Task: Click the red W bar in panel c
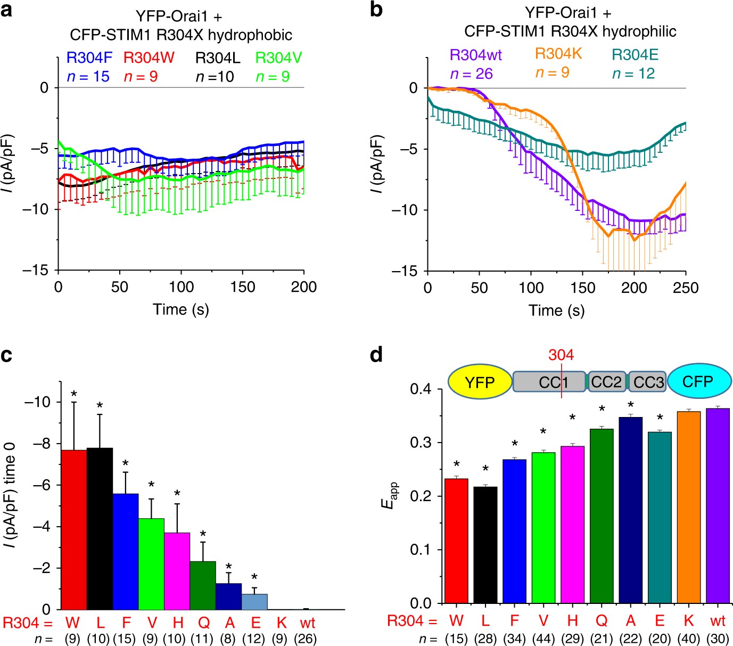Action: coord(74,529)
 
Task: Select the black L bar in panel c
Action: coord(100,528)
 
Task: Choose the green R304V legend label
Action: coord(278,58)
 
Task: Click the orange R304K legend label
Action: coord(558,54)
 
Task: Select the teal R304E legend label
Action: coord(635,55)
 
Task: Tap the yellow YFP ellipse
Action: coord(480,382)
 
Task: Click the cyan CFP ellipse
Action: coord(697,382)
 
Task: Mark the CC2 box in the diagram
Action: coord(606,382)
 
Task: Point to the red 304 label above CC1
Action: coord(561,355)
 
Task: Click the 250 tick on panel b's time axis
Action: coord(686,288)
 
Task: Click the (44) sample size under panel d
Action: coord(543,638)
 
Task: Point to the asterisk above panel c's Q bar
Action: coord(203,534)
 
